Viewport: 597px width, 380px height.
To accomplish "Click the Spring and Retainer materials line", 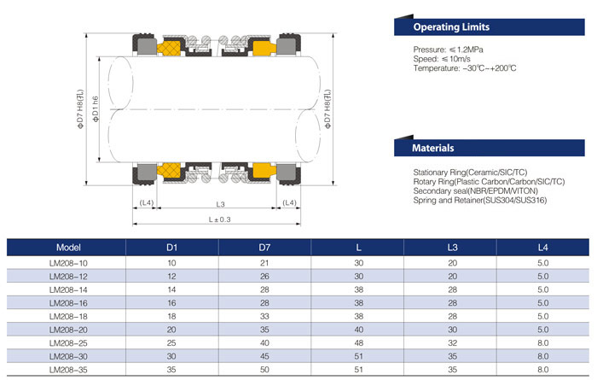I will click(478, 201).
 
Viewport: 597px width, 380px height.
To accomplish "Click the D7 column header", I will click(264, 247).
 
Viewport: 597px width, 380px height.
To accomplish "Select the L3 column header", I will click(453, 247).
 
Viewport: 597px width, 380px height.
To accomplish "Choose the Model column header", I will click(67, 247).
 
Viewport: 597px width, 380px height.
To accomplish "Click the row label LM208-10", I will click(67, 262).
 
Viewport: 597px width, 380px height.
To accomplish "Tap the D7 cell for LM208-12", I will click(264, 276).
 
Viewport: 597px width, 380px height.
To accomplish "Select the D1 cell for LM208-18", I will click(171, 317).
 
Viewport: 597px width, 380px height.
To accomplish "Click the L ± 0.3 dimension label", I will click(220, 219).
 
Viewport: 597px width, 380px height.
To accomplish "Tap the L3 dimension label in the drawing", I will click(220, 203).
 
